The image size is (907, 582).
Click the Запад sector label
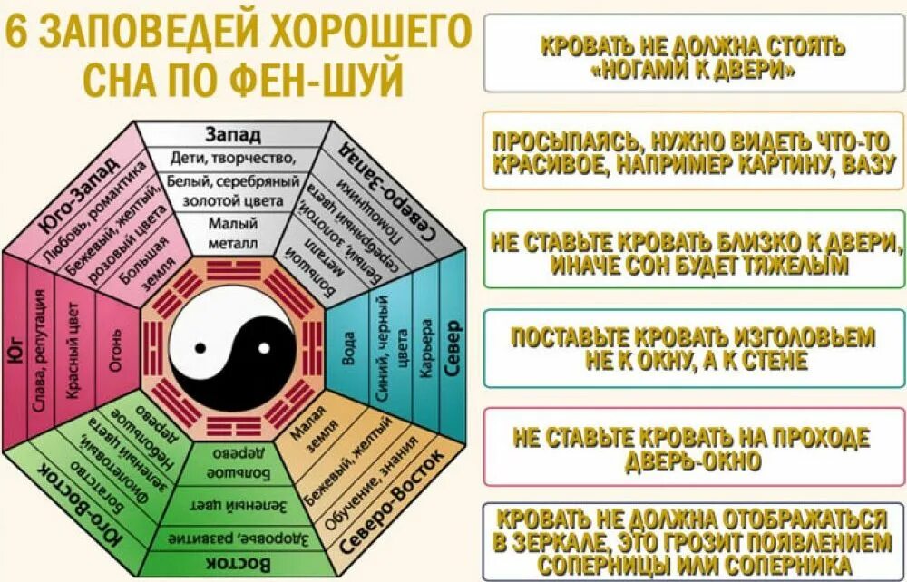233,134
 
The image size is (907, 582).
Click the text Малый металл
233,233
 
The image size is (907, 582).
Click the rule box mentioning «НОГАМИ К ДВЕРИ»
692,53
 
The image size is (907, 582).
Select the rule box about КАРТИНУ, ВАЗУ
692,150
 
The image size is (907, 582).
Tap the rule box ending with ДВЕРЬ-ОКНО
692,447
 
